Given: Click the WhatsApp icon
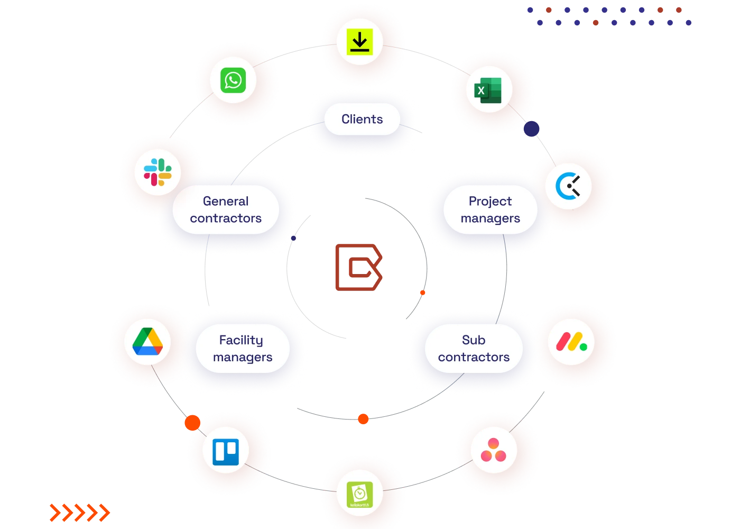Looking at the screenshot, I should click(233, 80).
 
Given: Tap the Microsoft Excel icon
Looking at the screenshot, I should click(489, 90).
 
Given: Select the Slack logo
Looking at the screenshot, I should click(158, 172).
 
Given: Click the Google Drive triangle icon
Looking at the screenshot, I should click(147, 342).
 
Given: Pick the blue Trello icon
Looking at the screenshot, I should click(226, 452).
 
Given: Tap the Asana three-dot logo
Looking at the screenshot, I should click(494, 450).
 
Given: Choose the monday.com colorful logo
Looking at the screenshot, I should click(571, 342).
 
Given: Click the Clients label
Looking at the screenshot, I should click(362, 120).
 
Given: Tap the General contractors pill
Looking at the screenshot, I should click(226, 209).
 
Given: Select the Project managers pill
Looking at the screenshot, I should click(490, 209).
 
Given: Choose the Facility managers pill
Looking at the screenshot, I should click(243, 349).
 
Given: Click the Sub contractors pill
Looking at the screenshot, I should click(474, 349).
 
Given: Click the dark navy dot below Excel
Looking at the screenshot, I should click(531, 129).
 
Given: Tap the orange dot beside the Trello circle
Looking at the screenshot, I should click(192, 422).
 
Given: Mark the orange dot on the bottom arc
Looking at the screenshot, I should click(363, 419).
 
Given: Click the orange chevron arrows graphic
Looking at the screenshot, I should click(79, 513).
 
